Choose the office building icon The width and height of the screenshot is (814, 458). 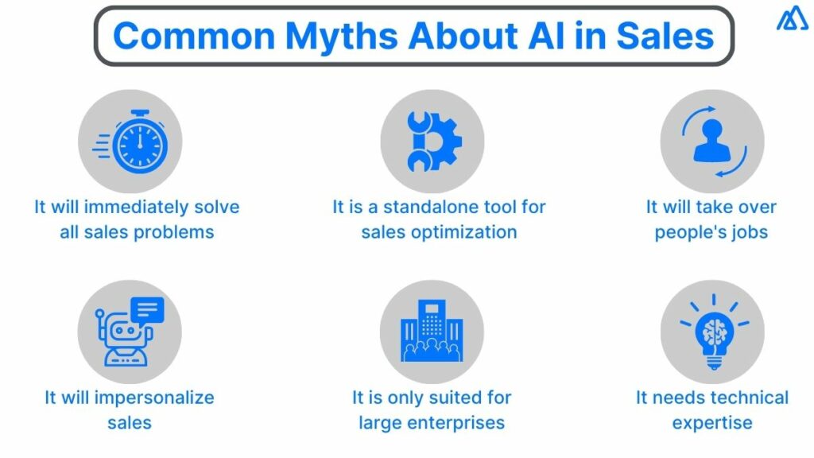pos(432,332)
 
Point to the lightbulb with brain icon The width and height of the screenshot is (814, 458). pos(712,332)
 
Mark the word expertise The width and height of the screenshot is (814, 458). pos(711,422)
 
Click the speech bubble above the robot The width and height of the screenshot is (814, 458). pos(148,309)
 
